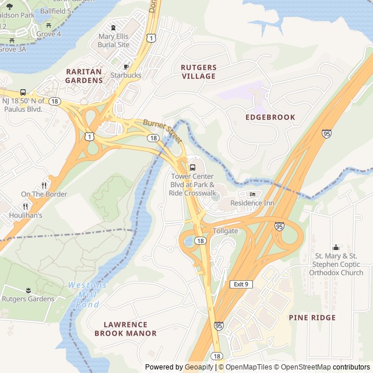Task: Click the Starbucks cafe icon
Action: click(x=126, y=66)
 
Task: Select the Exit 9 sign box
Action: click(x=240, y=284)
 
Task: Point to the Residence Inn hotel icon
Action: click(x=252, y=194)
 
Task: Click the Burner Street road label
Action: click(x=163, y=131)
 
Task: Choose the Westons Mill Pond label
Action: click(x=87, y=295)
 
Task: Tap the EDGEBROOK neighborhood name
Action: click(x=270, y=117)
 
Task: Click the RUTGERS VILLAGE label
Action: click(x=198, y=72)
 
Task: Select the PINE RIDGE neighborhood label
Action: click(x=312, y=318)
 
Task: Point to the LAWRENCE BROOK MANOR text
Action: click(x=125, y=329)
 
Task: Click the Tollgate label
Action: click(x=225, y=231)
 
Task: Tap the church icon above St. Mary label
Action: click(x=335, y=247)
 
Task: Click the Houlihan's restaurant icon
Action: click(x=25, y=206)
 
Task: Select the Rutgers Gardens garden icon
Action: click(x=27, y=290)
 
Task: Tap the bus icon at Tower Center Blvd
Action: click(x=193, y=168)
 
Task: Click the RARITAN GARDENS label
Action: click(x=83, y=76)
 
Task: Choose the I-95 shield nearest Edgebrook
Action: click(x=327, y=133)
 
